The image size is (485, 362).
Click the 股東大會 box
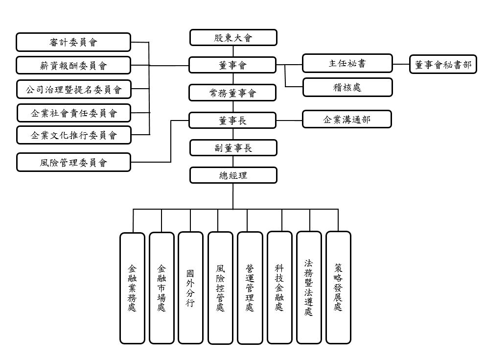233,38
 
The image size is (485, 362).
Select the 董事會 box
233,65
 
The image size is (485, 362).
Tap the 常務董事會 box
233,93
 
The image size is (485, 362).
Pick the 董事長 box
233,120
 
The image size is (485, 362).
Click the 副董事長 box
233,147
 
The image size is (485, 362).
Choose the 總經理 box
233,175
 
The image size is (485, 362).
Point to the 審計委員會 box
73,42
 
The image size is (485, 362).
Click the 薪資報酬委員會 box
73,65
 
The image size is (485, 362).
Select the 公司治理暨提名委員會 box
73,89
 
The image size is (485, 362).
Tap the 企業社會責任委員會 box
74,113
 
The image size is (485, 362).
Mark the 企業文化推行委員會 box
74,135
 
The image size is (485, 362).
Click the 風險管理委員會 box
73,162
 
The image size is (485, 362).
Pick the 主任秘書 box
347,63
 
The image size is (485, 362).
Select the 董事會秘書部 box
443,64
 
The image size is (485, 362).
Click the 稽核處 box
347,87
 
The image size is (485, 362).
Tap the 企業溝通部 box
347,119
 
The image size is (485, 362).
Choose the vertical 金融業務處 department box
132,288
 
